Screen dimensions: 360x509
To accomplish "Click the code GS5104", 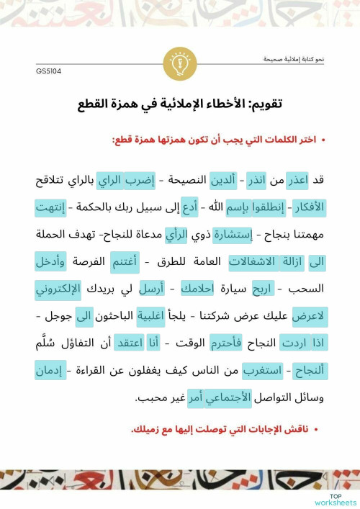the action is [x=48, y=72].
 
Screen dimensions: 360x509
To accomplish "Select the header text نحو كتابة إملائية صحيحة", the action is [x=293, y=59].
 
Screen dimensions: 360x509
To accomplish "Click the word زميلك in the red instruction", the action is [x=149, y=429].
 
